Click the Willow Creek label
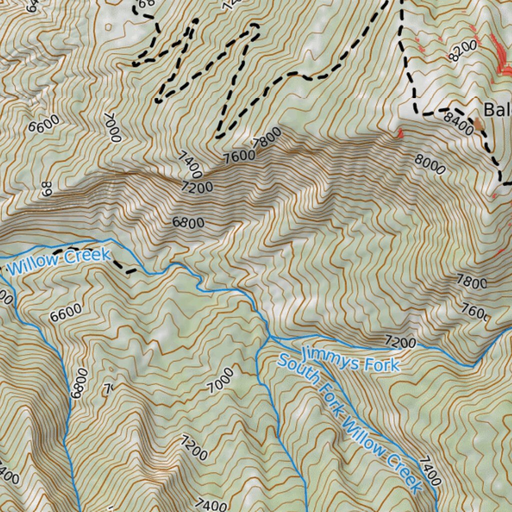pyautogui.click(x=59, y=262)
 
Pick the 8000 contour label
pyautogui.click(x=429, y=164)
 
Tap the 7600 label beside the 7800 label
pyautogui.click(x=238, y=157)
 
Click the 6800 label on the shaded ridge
pyautogui.click(x=188, y=222)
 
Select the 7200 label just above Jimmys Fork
pyautogui.click(x=400, y=342)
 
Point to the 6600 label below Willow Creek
pyautogui.click(x=65, y=312)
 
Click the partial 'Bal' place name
pyautogui.click(x=497, y=109)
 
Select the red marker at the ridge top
pyautogui.click(x=400, y=132)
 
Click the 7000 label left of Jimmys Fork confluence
pyautogui.click(x=220, y=380)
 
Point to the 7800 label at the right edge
pyautogui.click(x=472, y=282)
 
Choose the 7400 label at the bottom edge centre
pyautogui.click(x=211, y=504)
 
